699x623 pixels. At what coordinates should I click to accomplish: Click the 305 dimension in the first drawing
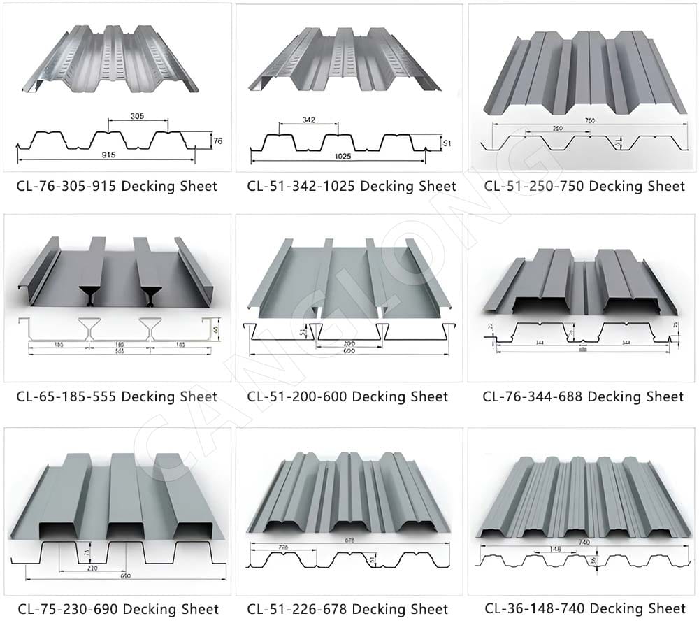tap(137, 116)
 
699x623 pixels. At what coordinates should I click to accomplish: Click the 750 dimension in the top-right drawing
tap(589, 120)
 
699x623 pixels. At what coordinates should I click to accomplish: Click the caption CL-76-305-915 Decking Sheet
tap(117, 186)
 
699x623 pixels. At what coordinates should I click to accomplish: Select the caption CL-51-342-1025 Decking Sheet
tap(351, 186)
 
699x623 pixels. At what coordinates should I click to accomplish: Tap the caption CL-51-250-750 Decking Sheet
tap(584, 186)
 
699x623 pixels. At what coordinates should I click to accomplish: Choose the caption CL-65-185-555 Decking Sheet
tap(117, 396)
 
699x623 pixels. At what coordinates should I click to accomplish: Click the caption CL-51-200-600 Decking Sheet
tap(347, 396)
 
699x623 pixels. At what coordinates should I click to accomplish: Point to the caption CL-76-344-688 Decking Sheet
tap(582, 396)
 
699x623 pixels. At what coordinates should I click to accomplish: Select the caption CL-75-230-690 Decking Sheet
tap(117, 609)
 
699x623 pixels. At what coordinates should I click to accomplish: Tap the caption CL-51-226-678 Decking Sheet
tap(347, 609)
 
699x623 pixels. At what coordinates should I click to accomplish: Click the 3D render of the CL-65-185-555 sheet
tap(115, 273)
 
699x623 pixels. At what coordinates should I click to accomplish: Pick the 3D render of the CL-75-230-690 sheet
tap(117, 493)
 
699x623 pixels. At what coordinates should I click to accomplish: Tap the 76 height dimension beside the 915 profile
tap(217, 141)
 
